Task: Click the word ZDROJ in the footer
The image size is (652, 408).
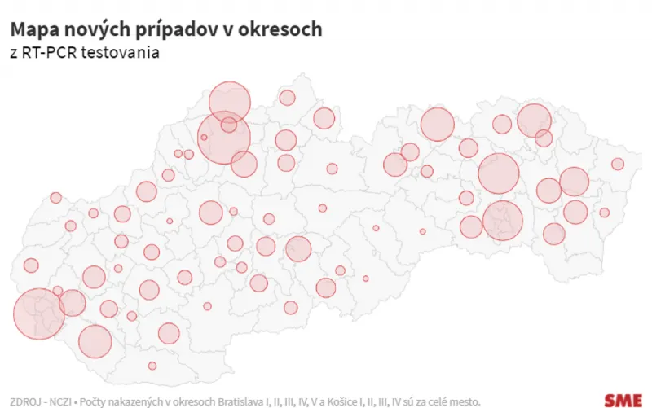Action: pos(24,401)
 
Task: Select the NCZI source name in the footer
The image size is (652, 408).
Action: pos(61,401)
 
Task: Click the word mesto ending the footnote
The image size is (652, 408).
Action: pos(462,401)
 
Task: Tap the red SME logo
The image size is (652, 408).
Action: pos(622,399)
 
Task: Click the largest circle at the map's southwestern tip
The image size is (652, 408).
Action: pos(39,314)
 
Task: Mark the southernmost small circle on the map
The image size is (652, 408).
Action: pos(152,366)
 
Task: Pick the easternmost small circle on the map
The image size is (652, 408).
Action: pos(618,164)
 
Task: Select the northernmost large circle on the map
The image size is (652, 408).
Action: pos(229,102)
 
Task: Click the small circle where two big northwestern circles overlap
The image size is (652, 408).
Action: pos(228,125)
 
